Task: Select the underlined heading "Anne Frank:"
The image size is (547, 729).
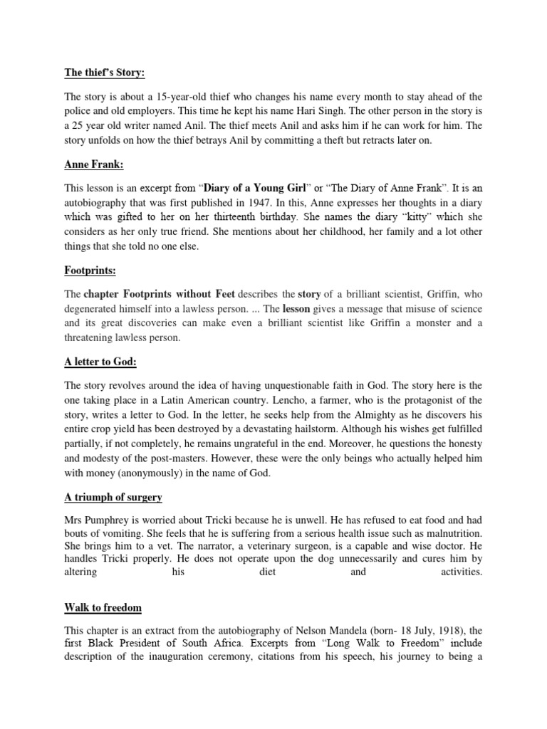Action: pyautogui.click(x=93, y=165)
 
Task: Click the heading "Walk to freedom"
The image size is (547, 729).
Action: pyautogui.click(x=103, y=607)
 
